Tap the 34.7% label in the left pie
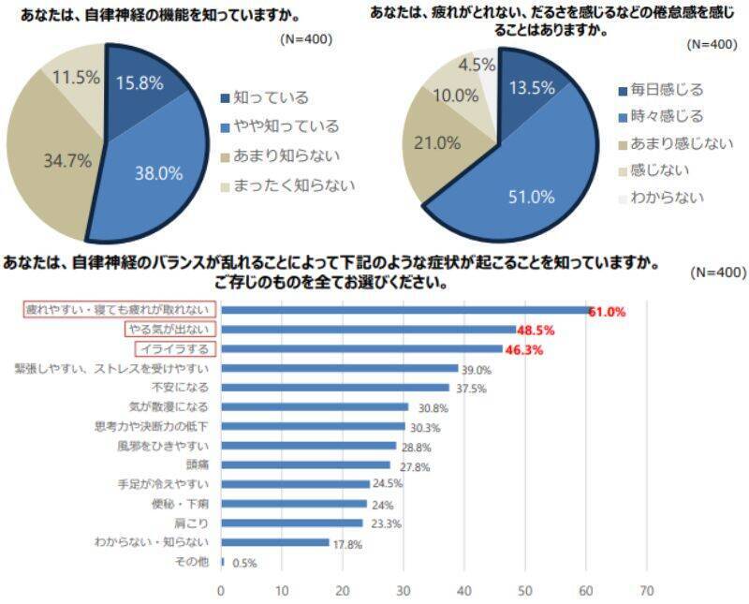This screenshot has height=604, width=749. (67, 160)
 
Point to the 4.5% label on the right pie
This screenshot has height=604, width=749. (477, 65)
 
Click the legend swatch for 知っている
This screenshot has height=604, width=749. (225, 97)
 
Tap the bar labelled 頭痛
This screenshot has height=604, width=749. (305, 464)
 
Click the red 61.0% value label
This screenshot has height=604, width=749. (607, 312)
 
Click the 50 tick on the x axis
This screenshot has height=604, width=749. (525, 591)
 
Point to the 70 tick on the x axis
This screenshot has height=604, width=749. (647, 591)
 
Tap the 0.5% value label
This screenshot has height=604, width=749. (243, 563)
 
